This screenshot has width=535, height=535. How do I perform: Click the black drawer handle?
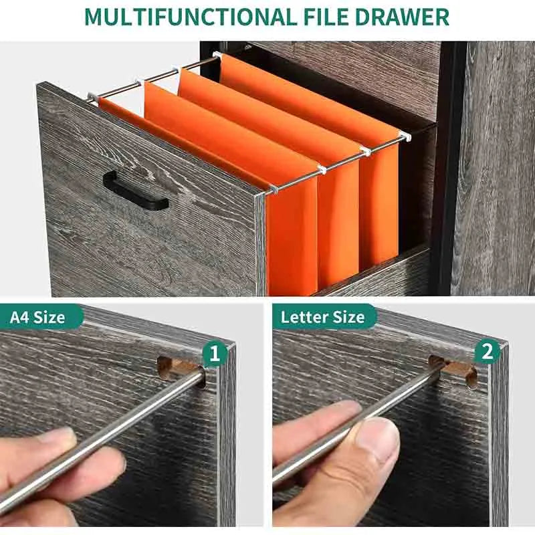tap(136, 191)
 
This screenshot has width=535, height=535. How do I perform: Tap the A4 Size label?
tap(37, 318)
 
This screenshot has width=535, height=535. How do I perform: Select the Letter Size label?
tap(322, 317)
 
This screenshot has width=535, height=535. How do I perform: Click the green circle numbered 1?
tap(214, 354)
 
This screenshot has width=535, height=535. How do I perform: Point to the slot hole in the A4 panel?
tap(181, 372)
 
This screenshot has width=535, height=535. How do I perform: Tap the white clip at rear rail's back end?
tap(217, 55)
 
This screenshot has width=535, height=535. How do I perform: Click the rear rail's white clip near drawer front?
tap(405, 136)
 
